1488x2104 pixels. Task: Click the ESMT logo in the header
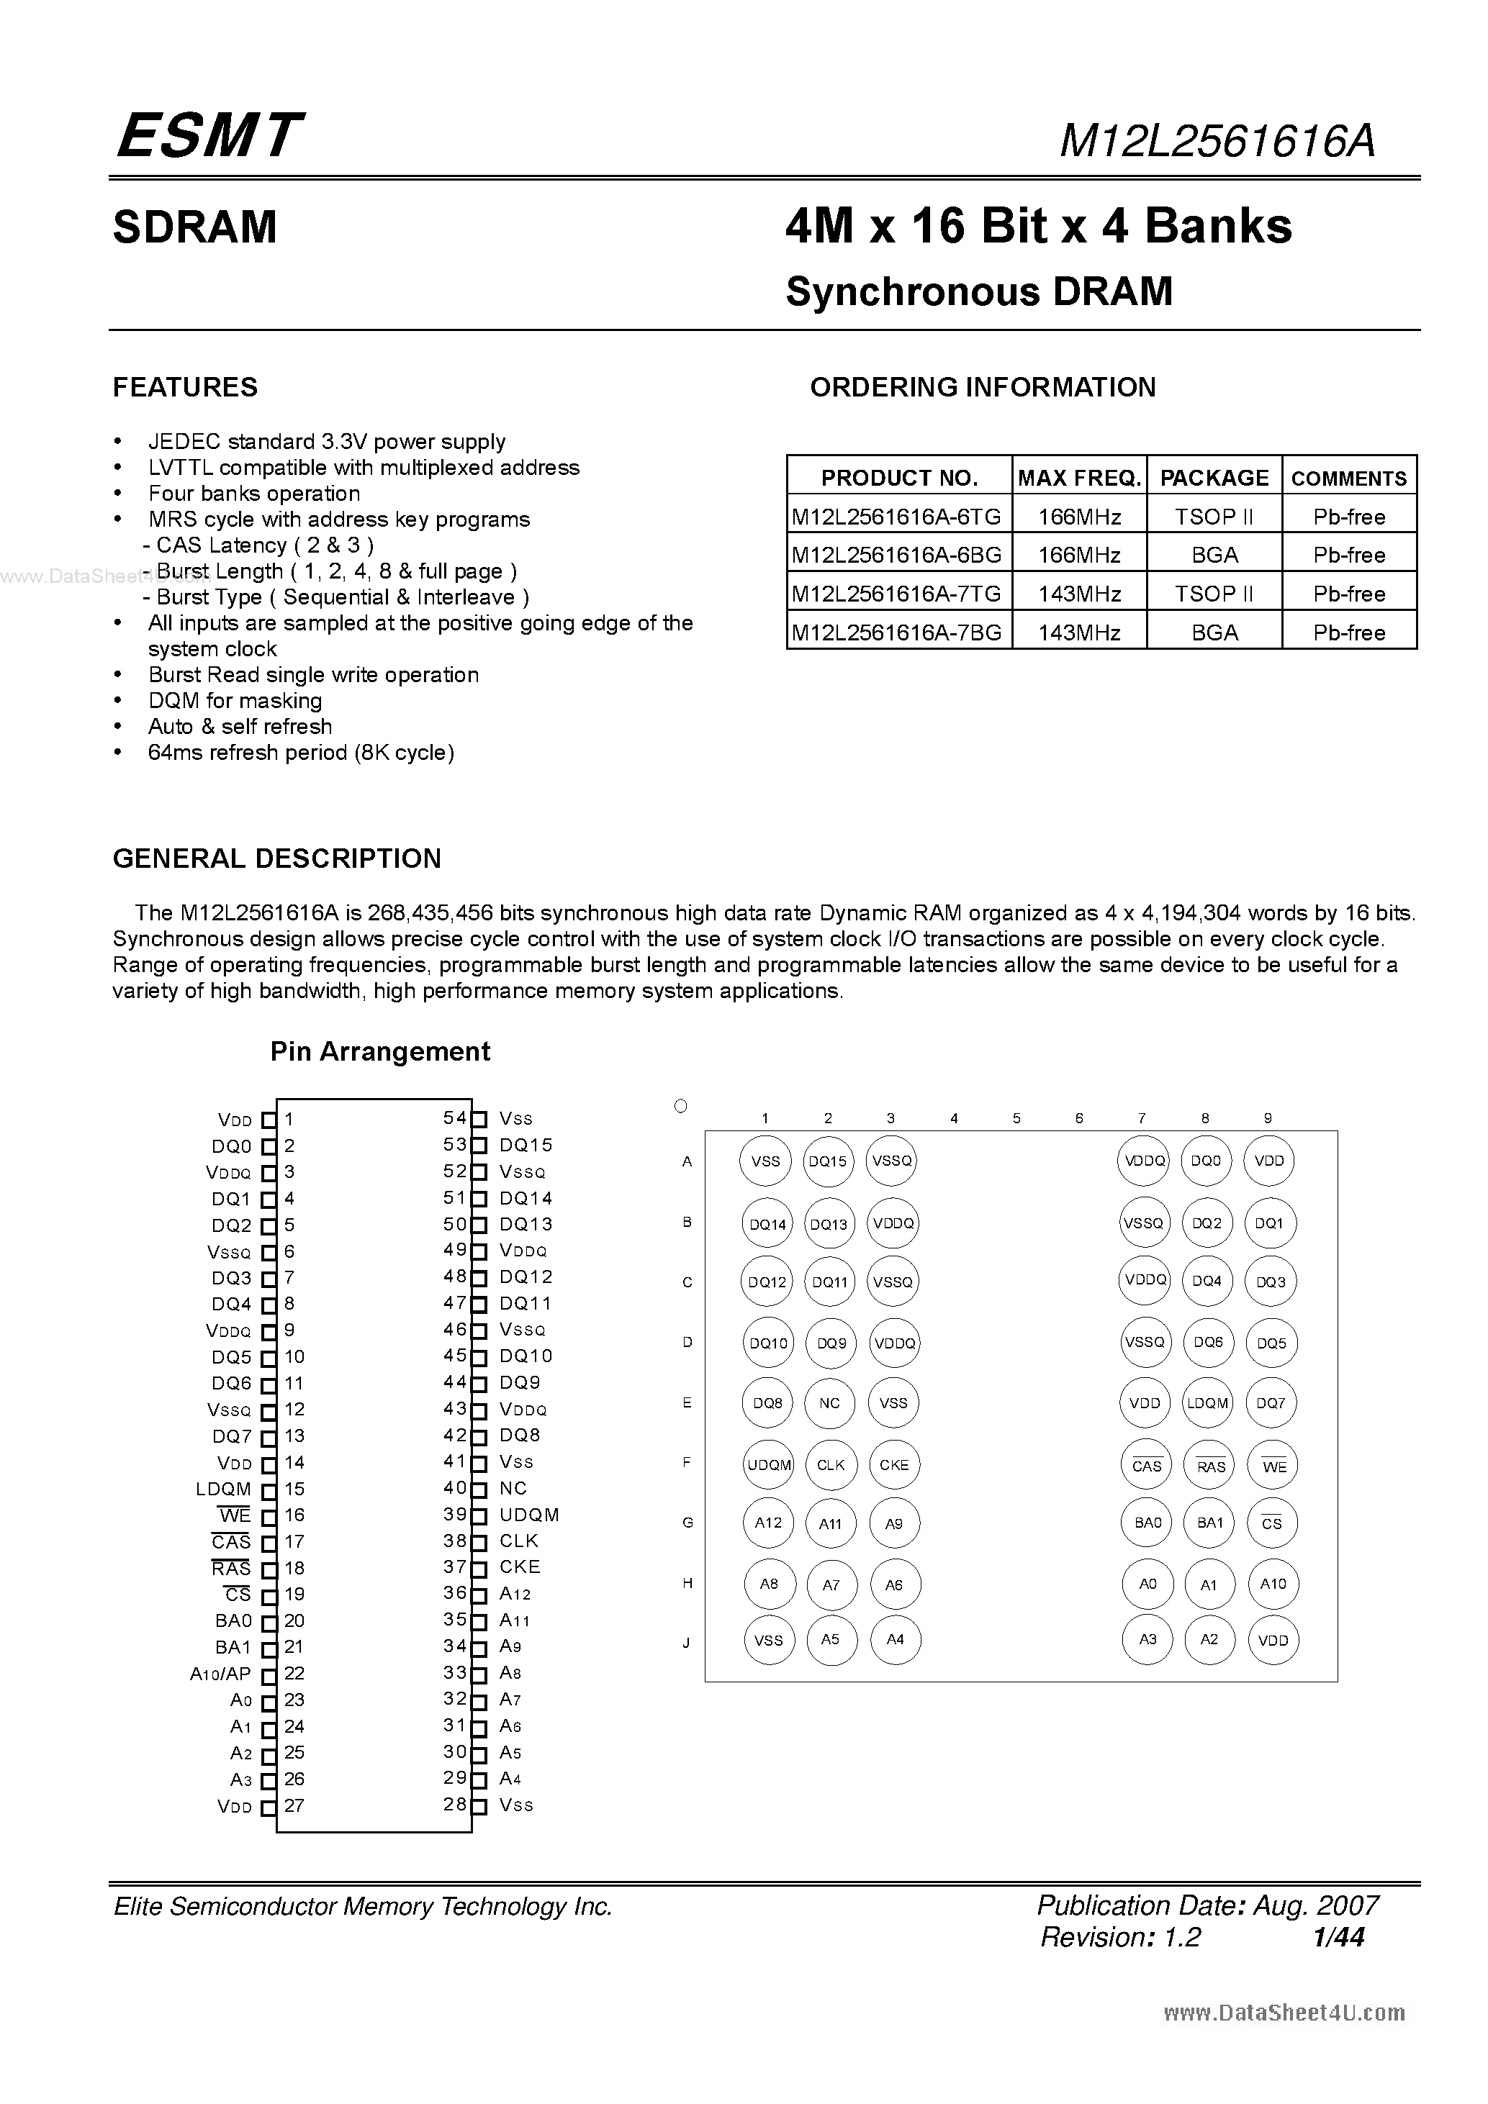(x=208, y=135)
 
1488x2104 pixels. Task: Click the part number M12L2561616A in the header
(x=1217, y=141)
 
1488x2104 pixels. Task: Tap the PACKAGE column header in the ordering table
(x=1214, y=478)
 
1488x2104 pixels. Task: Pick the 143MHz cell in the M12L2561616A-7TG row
(x=1079, y=594)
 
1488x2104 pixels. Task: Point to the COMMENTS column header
(x=1348, y=479)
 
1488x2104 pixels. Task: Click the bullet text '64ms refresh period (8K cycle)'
(x=301, y=753)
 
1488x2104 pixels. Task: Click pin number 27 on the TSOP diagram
(x=294, y=1805)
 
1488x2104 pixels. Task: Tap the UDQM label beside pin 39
(x=529, y=1515)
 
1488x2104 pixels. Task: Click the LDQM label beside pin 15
(x=222, y=1489)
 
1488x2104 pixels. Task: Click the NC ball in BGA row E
(x=830, y=1403)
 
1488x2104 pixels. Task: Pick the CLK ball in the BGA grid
(x=831, y=1464)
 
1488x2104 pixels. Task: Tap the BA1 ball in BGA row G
(x=1210, y=1523)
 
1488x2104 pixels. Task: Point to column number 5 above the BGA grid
(x=1016, y=1118)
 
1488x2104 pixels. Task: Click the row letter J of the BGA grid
(x=686, y=1643)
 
